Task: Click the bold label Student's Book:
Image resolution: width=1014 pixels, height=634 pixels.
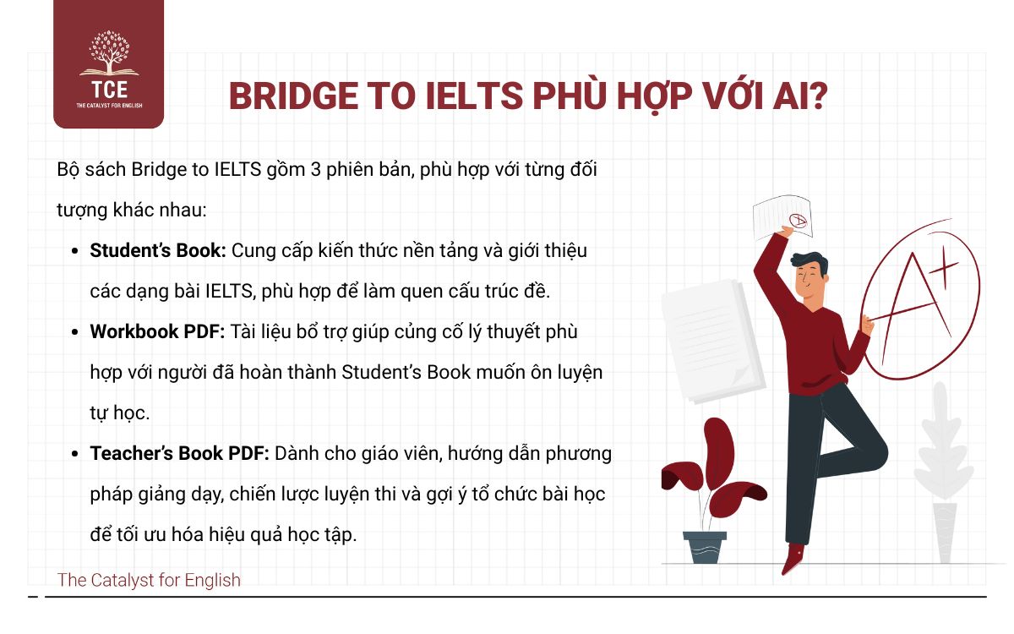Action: point(158,251)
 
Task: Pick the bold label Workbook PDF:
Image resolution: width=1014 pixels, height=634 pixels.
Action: point(157,332)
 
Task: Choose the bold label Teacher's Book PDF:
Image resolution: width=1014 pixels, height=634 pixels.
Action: point(179,454)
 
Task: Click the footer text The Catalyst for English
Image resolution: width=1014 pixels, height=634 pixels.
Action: point(149,580)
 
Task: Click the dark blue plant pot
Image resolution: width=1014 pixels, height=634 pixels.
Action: point(703,547)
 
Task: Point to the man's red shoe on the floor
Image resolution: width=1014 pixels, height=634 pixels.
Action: point(793,560)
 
